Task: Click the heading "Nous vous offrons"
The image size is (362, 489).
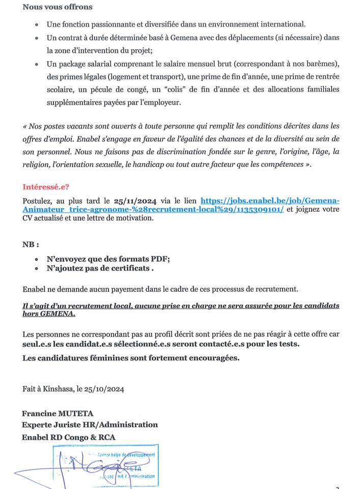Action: tap(58, 8)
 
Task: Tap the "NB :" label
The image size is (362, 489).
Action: tap(31, 244)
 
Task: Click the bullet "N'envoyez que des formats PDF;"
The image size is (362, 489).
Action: tap(108, 258)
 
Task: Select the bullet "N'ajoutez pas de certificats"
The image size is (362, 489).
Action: tap(100, 268)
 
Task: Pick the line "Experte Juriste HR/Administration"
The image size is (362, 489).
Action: tap(90, 424)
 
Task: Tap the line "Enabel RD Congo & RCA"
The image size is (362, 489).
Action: tap(69, 437)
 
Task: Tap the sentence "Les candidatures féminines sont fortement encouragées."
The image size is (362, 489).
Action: tap(130, 358)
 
